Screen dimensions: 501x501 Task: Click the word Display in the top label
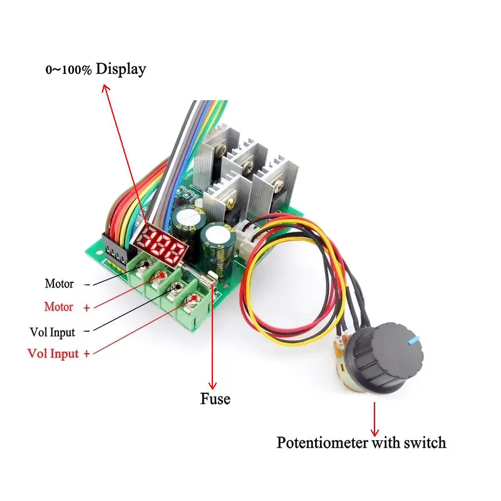point(121,69)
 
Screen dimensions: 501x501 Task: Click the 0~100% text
point(69,70)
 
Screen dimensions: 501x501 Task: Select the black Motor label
point(59,284)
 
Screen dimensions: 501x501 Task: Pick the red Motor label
point(59,307)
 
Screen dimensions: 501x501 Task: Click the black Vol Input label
point(53,332)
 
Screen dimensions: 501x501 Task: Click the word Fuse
point(215,399)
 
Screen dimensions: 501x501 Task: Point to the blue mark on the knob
point(412,339)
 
